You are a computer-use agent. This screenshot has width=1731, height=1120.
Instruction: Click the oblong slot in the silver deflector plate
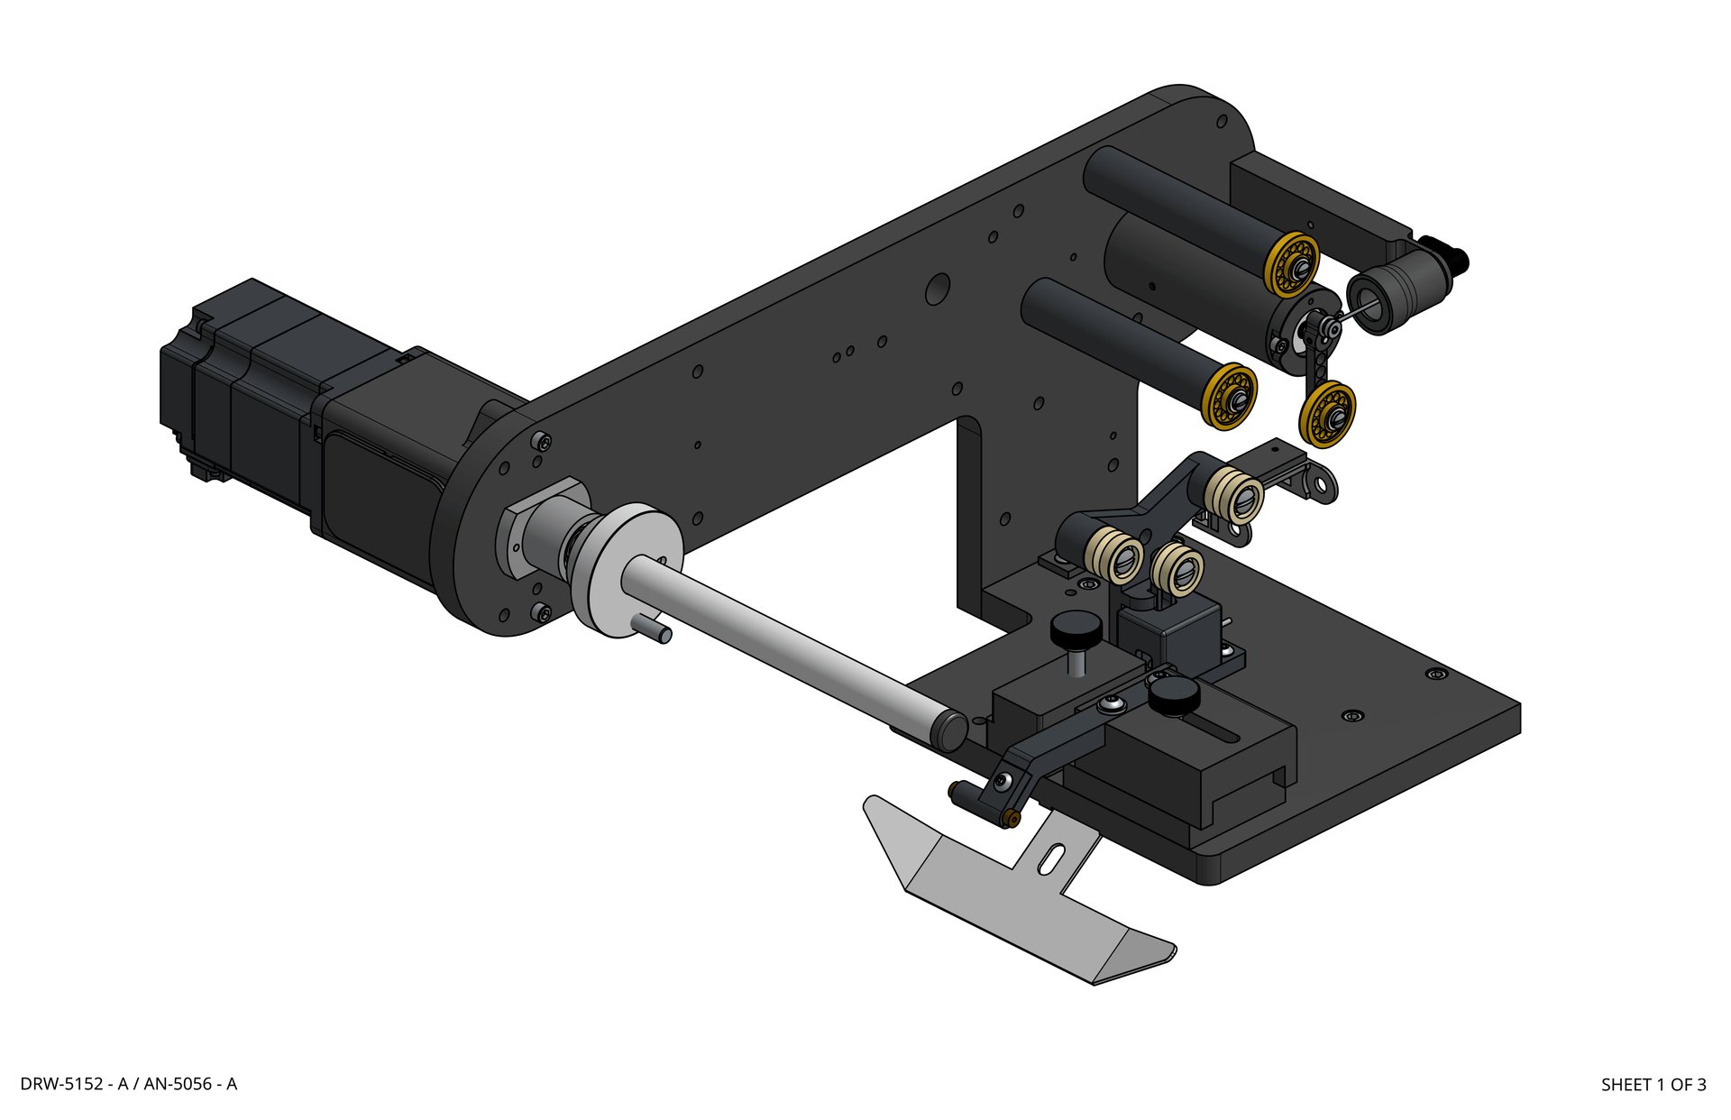coord(1051,858)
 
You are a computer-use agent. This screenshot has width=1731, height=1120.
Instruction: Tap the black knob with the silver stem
coord(1076,629)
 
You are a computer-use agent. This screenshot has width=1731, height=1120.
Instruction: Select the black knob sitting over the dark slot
coord(1174,696)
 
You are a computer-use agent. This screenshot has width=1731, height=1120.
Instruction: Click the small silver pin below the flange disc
coord(653,628)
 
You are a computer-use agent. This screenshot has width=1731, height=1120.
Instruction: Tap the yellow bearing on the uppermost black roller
coord(1292,264)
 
